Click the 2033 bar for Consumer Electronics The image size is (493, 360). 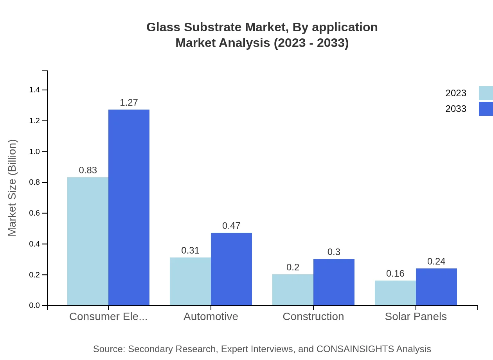129,207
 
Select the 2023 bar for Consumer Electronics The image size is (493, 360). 88,241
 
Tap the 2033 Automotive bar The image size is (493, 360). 231,269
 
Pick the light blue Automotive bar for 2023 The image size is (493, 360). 190,281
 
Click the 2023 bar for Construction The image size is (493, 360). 293,290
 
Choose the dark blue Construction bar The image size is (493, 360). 334,282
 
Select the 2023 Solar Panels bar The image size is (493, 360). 395,293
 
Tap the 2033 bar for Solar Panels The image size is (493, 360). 436,287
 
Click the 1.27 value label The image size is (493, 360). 129,103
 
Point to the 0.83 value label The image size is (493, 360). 88,170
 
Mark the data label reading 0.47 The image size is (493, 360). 231,226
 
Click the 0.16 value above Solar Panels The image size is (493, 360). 395,274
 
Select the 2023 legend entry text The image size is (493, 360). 456,93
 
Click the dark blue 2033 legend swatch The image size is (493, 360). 486,109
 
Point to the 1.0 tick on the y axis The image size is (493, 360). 35,151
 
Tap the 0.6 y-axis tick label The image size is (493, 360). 35,213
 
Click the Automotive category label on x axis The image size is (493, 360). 211,316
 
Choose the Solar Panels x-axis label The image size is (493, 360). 416,316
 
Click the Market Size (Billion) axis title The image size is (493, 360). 13,188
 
